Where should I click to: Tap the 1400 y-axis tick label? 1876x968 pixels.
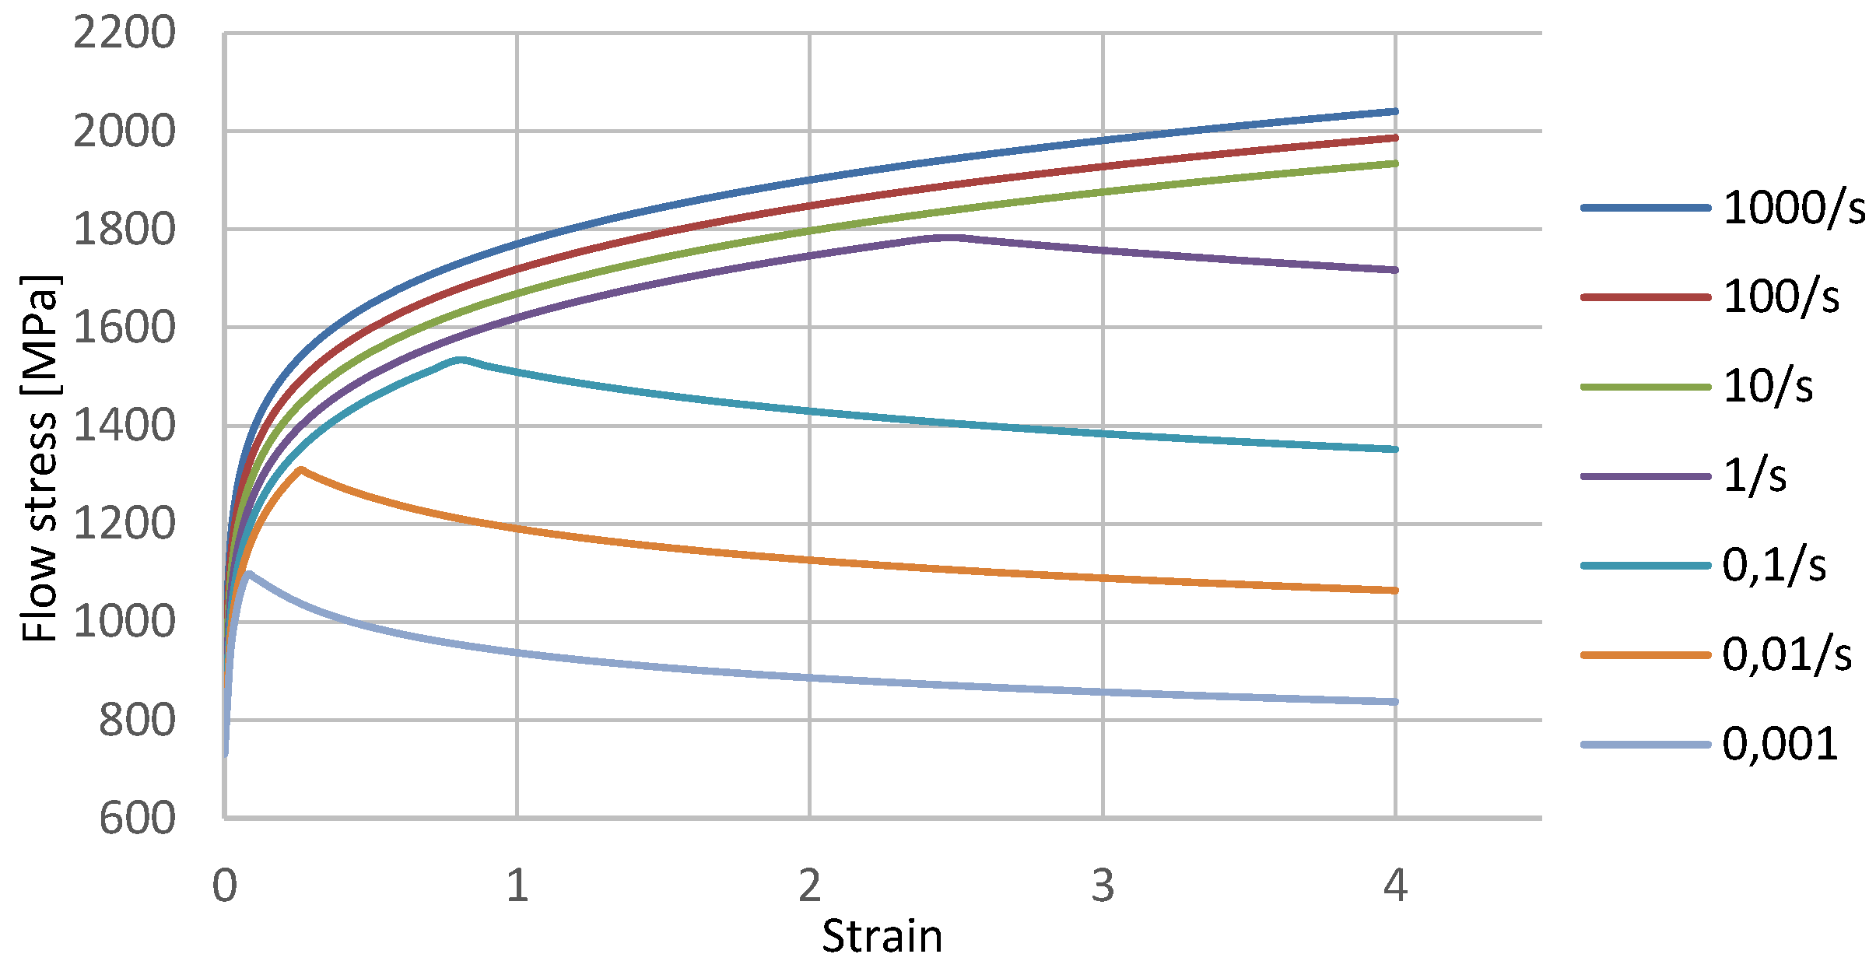[x=124, y=426]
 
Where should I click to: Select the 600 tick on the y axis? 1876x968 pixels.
[x=137, y=819]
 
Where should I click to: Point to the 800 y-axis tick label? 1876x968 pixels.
[x=137, y=721]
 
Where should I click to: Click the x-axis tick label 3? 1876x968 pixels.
[x=1103, y=886]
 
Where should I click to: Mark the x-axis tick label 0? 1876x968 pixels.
[x=225, y=886]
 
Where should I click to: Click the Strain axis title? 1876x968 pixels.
[x=882, y=936]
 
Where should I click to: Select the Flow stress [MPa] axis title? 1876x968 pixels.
[x=39, y=459]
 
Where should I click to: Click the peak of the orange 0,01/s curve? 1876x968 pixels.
[x=301, y=469]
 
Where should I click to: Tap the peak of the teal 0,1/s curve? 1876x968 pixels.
[x=461, y=359]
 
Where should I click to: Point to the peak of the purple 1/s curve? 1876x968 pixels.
[x=949, y=237]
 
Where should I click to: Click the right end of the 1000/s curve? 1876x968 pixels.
[x=1395, y=112]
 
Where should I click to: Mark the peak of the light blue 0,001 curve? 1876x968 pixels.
[x=248, y=573]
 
